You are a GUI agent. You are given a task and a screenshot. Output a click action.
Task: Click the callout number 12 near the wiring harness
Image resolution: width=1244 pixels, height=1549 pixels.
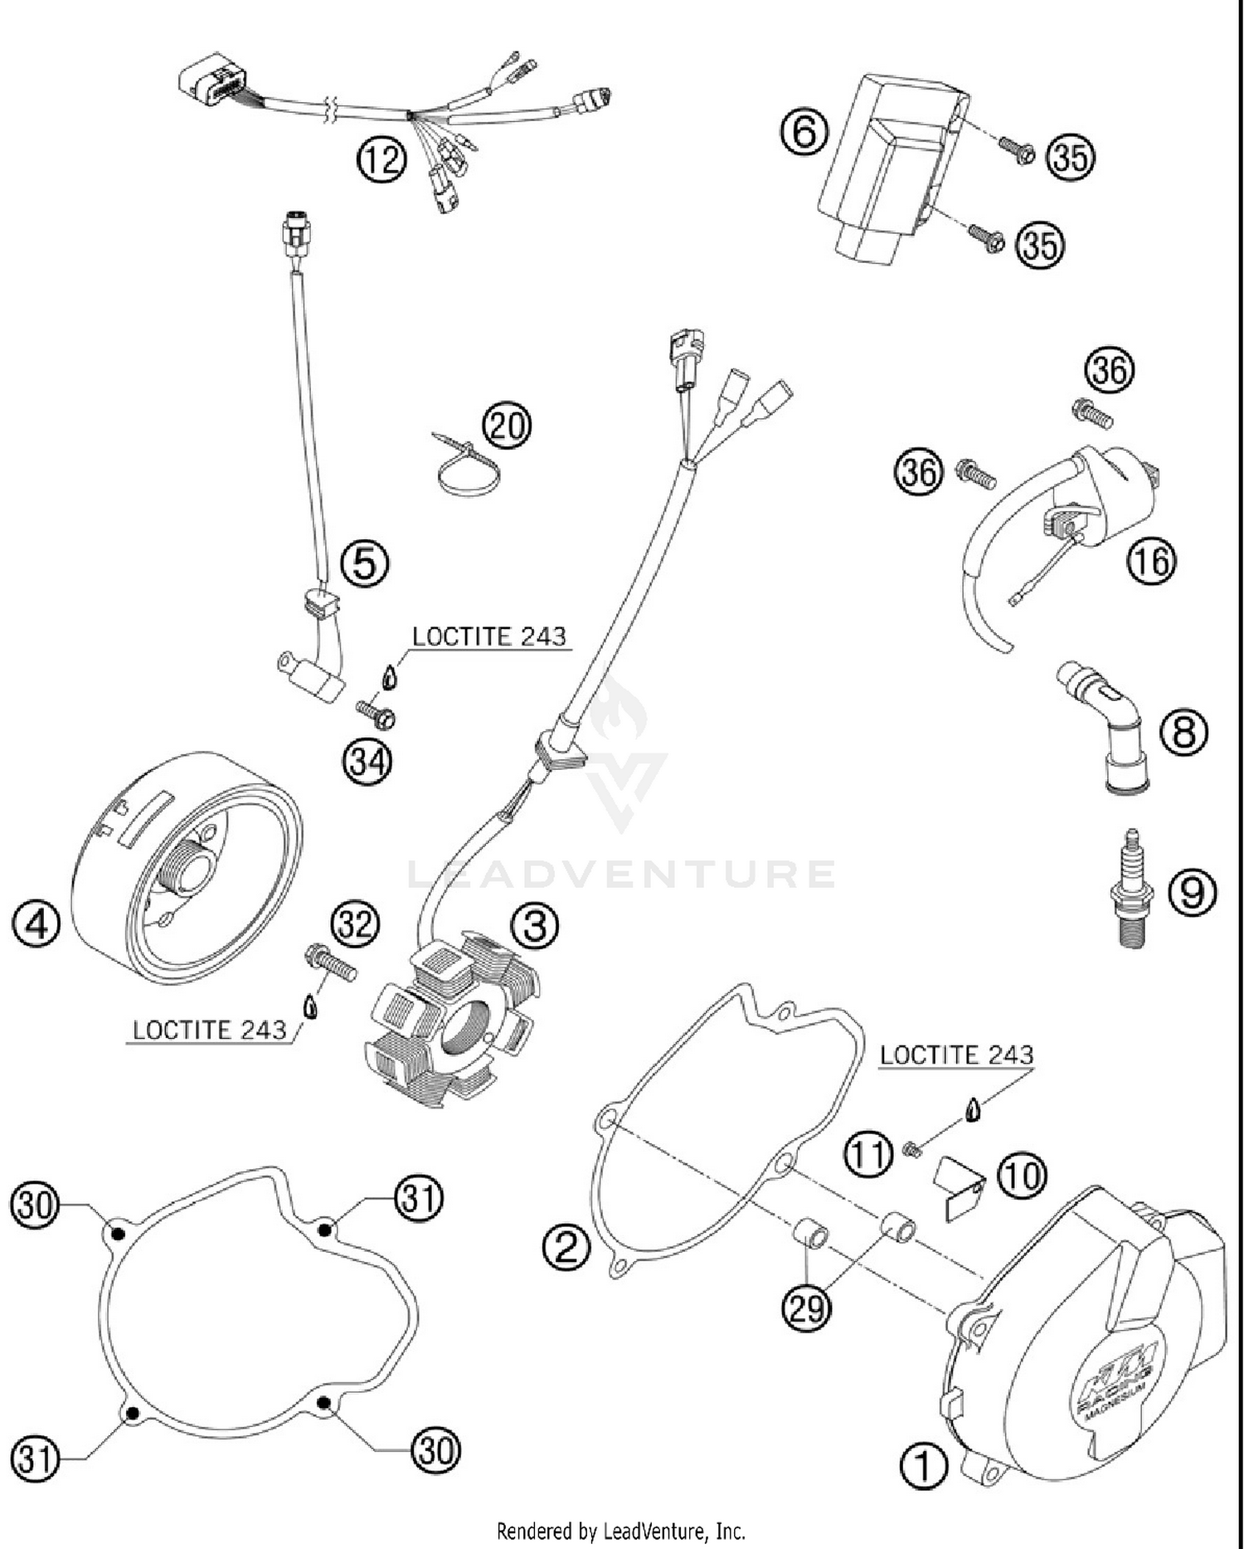click(382, 160)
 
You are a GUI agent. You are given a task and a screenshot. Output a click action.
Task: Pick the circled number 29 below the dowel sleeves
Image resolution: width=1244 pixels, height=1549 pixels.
click(806, 1308)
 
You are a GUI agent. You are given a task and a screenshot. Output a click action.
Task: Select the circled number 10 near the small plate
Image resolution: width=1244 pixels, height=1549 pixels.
click(1023, 1175)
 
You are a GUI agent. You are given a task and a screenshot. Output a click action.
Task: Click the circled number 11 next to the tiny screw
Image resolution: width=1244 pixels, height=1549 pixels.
click(868, 1154)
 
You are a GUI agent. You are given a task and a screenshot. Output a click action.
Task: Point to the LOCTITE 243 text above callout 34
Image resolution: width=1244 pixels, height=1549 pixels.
click(489, 636)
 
